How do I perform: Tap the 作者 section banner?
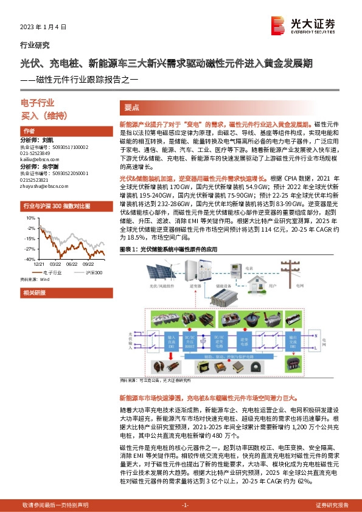[29, 131]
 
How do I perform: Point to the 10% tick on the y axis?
[29, 217]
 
